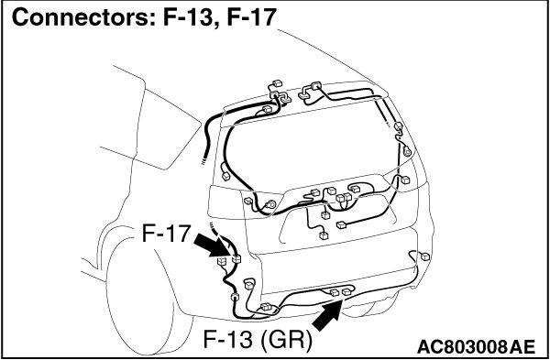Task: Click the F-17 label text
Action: (166, 233)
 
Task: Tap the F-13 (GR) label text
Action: (258, 341)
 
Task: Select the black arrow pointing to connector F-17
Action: (213, 245)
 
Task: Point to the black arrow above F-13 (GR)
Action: (327, 315)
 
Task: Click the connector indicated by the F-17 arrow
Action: (236, 259)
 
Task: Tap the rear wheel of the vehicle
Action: (148, 298)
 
